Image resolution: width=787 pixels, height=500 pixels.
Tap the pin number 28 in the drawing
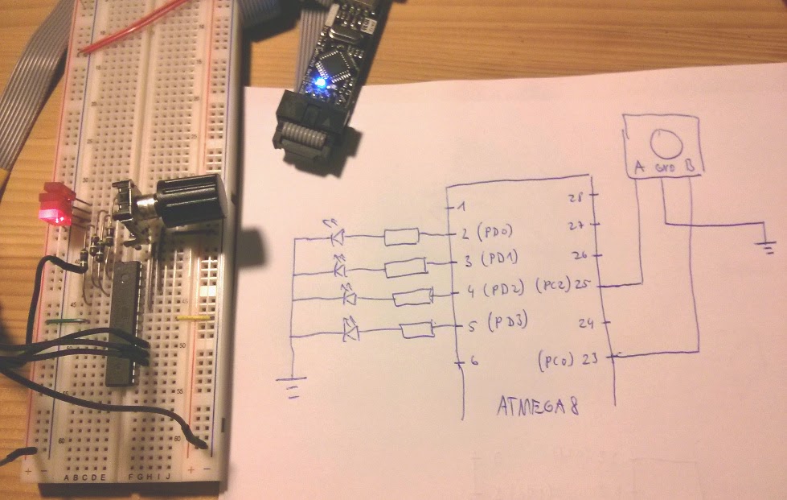click(575, 198)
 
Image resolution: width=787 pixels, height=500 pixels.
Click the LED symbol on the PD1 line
click(340, 265)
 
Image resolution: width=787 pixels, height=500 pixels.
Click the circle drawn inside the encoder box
click(666, 143)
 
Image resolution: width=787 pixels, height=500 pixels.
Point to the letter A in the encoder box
click(639, 167)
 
